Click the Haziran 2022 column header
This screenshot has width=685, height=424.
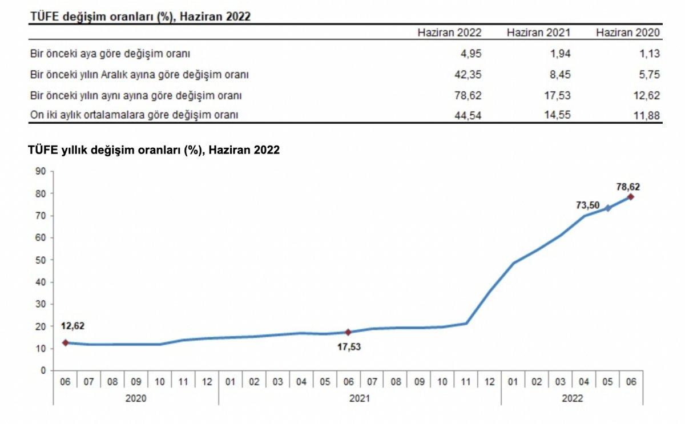pyautogui.click(x=449, y=33)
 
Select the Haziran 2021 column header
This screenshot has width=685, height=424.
pyautogui.click(x=538, y=33)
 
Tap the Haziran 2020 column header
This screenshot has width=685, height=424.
pyautogui.click(x=628, y=33)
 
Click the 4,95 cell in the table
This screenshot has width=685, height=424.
pyautogui.click(x=471, y=54)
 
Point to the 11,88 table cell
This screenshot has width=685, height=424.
pyautogui.click(x=647, y=115)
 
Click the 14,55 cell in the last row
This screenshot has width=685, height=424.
pyautogui.click(x=558, y=115)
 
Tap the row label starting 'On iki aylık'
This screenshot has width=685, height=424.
pyautogui.click(x=134, y=115)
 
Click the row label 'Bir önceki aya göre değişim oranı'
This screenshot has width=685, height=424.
pyautogui.click(x=110, y=54)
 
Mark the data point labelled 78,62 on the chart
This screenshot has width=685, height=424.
pyautogui.click(x=631, y=197)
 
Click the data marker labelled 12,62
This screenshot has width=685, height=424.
pyautogui.click(x=66, y=342)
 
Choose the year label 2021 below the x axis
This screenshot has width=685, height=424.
pyautogui.click(x=360, y=398)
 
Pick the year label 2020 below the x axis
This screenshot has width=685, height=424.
pyautogui.click(x=136, y=398)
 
